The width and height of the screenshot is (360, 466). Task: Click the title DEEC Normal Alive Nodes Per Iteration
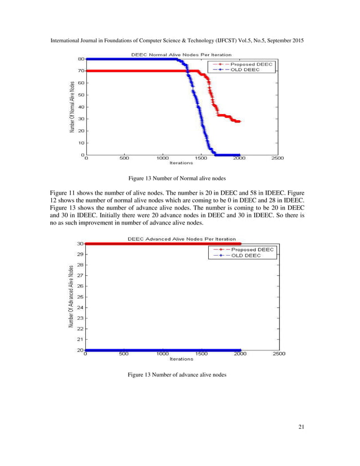(181, 55)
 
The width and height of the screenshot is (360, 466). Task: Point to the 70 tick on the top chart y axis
(81, 71)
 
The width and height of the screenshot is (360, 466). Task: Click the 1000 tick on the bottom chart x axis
(162, 354)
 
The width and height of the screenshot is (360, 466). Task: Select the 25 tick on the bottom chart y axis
(81, 297)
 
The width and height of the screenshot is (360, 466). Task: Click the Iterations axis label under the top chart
(181, 163)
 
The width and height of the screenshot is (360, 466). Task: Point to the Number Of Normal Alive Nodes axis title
(72, 107)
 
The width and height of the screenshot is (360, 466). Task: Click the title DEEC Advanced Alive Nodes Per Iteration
(181, 239)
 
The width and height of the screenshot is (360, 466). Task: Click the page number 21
(301, 427)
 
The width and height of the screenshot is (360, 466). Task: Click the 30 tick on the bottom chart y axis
(81, 244)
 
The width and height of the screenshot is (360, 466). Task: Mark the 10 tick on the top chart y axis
(81, 143)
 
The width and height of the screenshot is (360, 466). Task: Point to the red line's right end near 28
(239, 121)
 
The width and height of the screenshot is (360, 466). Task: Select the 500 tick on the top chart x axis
(124, 159)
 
